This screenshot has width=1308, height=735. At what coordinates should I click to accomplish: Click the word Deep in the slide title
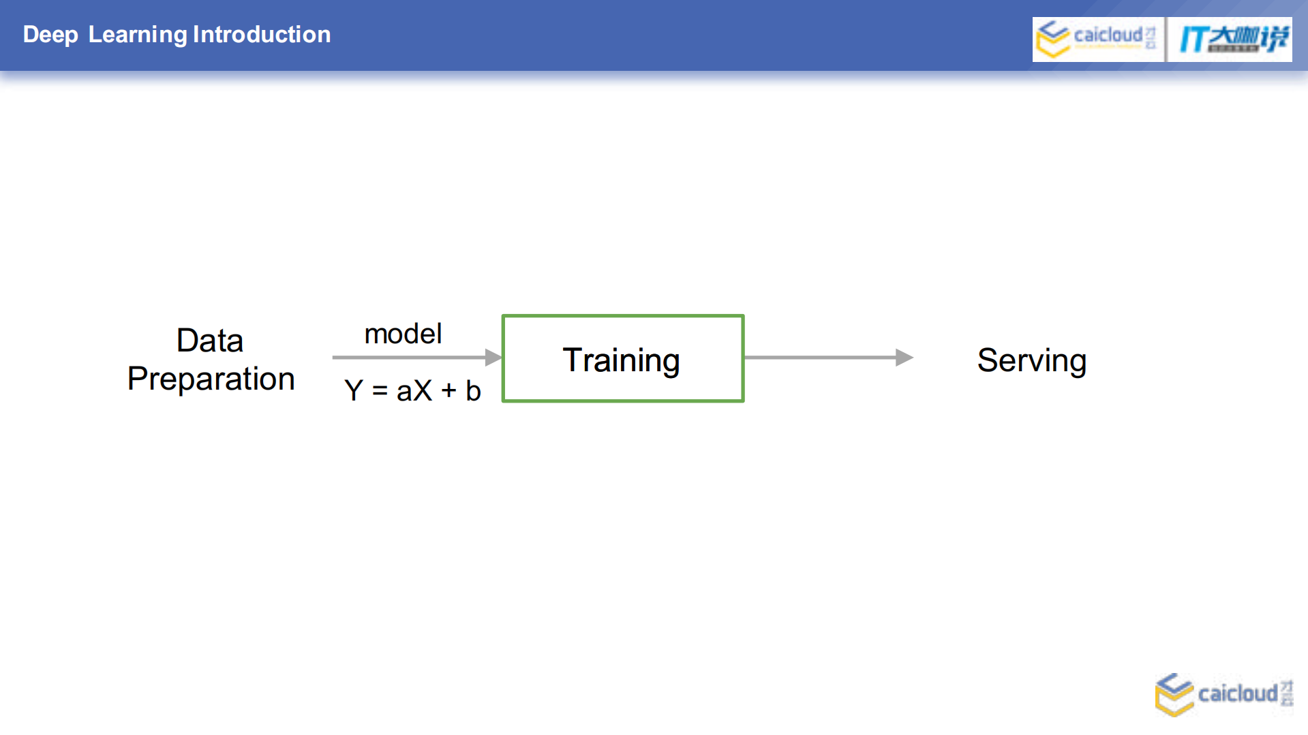click(50, 35)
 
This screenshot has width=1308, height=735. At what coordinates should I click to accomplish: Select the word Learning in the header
click(138, 35)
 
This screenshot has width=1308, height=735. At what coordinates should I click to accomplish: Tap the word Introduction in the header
click(262, 35)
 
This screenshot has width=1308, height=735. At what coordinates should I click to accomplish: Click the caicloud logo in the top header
click(1097, 39)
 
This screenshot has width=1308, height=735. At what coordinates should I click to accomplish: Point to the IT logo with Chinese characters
click(1230, 39)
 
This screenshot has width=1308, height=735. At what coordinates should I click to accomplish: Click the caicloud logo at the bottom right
click(1223, 694)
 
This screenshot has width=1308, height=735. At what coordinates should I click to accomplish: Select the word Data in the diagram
click(210, 341)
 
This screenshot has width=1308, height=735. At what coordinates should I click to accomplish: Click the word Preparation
click(211, 379)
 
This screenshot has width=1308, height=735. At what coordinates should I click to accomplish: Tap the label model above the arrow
click(403, 334)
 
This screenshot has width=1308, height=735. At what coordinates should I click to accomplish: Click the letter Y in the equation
click(354, 391)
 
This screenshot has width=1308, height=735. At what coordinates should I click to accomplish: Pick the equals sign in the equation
click(380, 391)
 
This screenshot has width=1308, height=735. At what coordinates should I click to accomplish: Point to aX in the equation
click(414, 391)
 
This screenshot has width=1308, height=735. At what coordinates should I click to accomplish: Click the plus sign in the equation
click(448, 391)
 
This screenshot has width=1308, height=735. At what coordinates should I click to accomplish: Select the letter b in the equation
click(473, 391)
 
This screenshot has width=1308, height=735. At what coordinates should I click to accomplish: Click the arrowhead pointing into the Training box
click(493, 357)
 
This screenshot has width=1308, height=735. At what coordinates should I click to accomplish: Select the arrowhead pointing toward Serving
click(904, 357)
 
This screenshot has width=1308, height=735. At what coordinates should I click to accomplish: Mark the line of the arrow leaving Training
click(818, 357)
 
